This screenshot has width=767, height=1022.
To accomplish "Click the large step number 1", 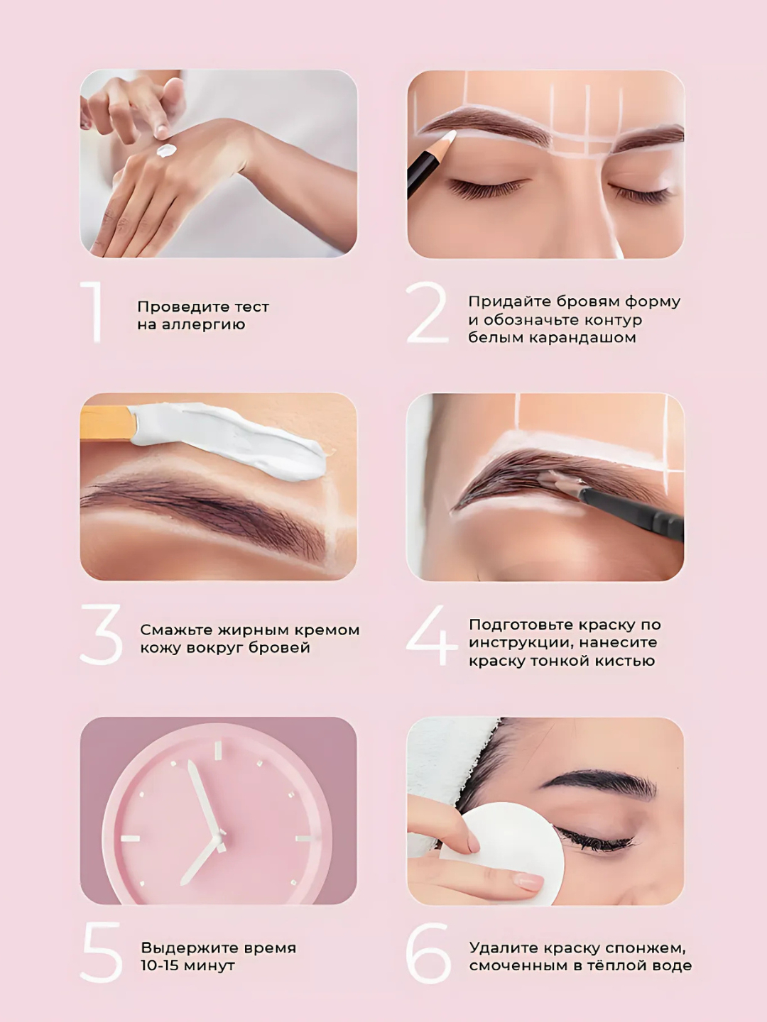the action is [x=94, y=312].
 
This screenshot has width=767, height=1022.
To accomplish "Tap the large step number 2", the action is [x=427, y=312].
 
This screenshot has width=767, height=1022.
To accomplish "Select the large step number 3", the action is [x=101, y=634].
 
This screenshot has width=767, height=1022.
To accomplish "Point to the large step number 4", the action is [x=431, y=635].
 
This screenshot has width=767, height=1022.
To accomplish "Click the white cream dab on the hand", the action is [x=166, y=150].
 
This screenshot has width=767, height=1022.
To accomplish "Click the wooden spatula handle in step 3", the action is [x=108, y=423].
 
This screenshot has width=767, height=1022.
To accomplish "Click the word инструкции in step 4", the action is [x=521, y=644].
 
